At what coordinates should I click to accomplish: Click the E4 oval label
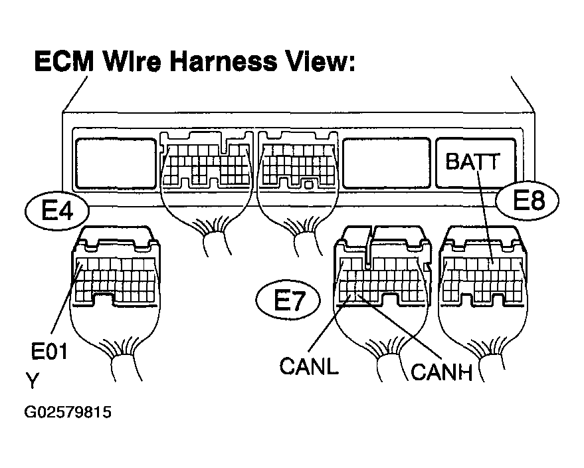point(57,211)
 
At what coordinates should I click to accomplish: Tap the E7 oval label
point(288,300)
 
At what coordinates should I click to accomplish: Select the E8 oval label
point(528,200)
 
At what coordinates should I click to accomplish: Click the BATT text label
point(472,162)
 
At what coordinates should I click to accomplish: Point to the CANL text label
point(309,366)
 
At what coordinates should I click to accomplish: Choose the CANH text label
point(441,372)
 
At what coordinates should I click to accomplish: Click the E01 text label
point(49,352)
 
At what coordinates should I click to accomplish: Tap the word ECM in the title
point(64,61)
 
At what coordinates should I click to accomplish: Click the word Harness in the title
point(223,61)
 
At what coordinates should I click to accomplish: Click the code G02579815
point(68,412)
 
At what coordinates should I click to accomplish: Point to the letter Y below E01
point(32,381)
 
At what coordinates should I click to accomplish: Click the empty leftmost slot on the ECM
point(116,164)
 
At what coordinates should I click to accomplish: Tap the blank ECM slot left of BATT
point(386,164)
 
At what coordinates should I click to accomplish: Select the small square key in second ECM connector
point(308,184)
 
